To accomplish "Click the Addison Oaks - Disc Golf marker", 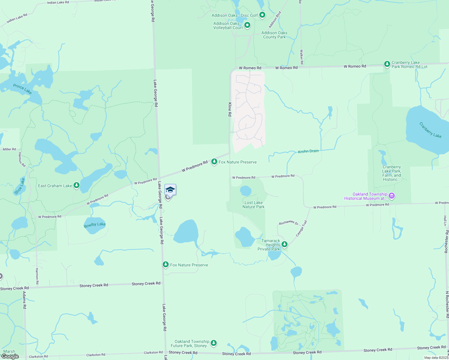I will (262, 15).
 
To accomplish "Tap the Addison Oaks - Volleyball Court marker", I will (247, 25).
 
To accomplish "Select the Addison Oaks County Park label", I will (274, 35).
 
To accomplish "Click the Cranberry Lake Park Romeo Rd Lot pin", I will (387, 64).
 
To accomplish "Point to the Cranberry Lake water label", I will (430, 130).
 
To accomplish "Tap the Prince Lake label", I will (23, 89).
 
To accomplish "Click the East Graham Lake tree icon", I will (77, 185).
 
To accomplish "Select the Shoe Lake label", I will (20, 186).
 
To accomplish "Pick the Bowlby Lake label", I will (95, 225).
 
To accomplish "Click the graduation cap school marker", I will (170, 190).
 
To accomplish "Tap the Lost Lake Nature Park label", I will (254, 205).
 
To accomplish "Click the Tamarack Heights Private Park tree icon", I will (284, 244).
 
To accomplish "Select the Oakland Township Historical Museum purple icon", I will (391, 196).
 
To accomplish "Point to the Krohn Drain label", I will (308, 151).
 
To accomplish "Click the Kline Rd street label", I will (230, 109).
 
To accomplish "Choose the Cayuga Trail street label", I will (301, 228).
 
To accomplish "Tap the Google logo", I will (10, 356).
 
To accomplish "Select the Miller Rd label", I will (9, 149).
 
